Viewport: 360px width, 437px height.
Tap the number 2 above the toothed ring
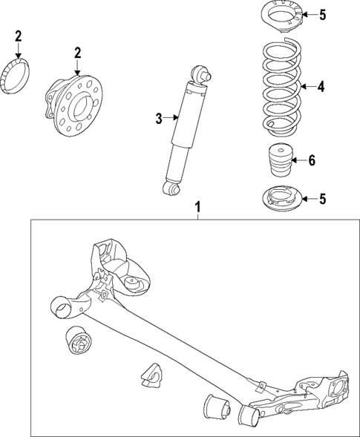pos(19,36)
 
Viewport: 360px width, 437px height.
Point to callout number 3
pos(158,117)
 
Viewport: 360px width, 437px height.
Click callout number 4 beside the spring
pos(321,87)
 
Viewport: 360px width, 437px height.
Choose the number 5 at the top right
pos(321,14)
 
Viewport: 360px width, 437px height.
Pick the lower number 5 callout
pos(321,198)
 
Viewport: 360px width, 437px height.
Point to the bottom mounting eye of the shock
pos(173,191)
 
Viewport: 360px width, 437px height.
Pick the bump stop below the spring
pos(280,160)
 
